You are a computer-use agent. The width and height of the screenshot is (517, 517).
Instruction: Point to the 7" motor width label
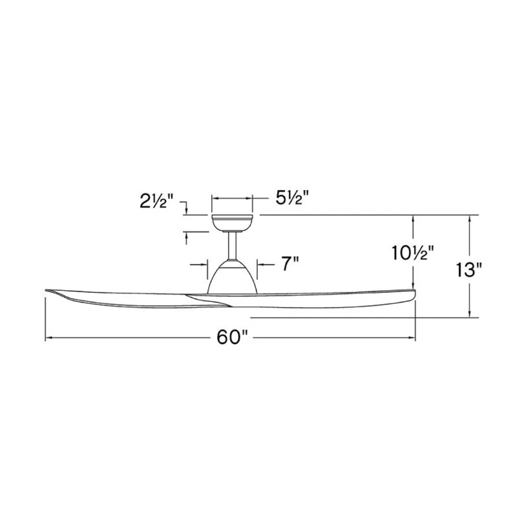(288, 264)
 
